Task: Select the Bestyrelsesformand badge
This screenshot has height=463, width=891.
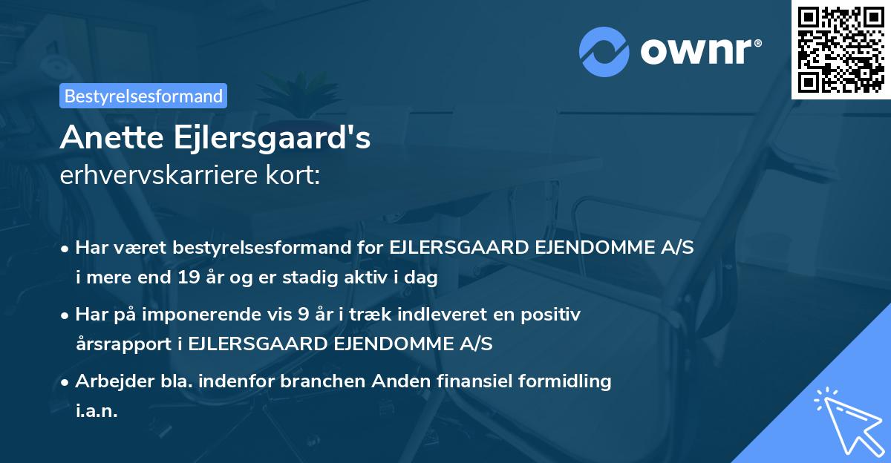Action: [x=143, y=96]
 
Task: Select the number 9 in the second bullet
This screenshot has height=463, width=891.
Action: [x=302, y=315]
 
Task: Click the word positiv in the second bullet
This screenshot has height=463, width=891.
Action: [x=554, y=315]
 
